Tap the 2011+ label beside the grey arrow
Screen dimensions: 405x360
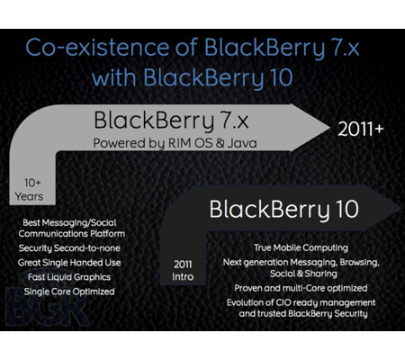tap(361, 130)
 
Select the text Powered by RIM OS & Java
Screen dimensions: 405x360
tap(175, 143)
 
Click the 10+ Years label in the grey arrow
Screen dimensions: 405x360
tap(30, 190)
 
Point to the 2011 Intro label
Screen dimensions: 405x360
tap(183, 271)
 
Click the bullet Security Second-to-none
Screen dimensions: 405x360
tap(69, 248)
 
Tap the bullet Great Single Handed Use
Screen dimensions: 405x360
tap(69, 263)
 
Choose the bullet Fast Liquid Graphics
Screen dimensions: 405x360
tap(69, 277)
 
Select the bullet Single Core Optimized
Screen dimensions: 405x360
tap(69, 292)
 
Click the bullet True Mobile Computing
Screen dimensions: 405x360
tap(301, 248)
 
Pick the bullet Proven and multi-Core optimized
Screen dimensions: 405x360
tap(301, 288)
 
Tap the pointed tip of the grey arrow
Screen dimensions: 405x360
tap(329, 128)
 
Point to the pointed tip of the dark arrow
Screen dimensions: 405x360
tap(402, 208)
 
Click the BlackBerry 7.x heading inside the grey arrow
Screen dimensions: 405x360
tap(171, 121)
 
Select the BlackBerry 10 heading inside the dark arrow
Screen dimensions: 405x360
tap(283, 210)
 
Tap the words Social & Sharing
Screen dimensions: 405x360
tap(303, 274)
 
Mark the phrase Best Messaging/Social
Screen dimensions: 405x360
tap(69, 223)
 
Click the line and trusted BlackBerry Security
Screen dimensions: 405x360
tap(303, 314)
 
